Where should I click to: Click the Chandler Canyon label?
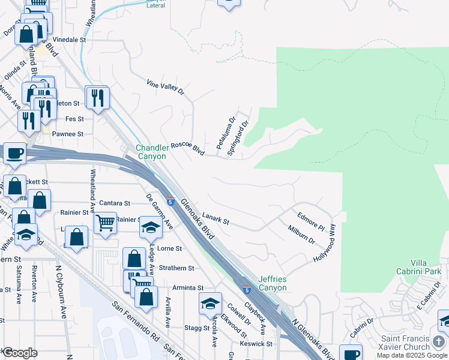tap(151, 152)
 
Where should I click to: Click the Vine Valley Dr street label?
tap(165, 86)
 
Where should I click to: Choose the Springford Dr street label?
tap(238, 139)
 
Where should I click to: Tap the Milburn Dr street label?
tap(301, 233)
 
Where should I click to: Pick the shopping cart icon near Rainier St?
tap(106, 223)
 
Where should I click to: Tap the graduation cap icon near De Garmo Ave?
tap(151, 227)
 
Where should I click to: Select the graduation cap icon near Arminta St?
tap(210, 304)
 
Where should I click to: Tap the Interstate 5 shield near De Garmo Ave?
tap(171, 202)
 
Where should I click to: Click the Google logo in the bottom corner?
tap(20, 353)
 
